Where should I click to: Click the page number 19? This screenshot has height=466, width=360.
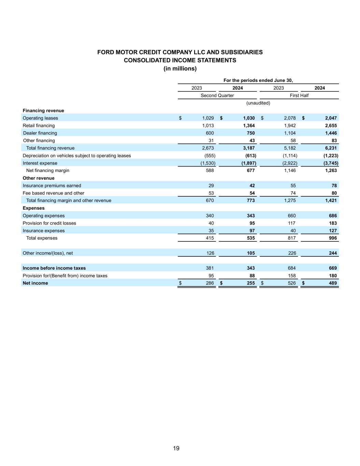pos(176,448)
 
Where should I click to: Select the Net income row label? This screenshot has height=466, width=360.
pos(35,283)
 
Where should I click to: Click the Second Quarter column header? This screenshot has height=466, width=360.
pos(217,95)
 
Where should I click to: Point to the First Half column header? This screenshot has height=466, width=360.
pos(299,95)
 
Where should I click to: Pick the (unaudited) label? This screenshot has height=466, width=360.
pos(258,103)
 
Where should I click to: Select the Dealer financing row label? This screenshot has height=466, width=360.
pos(40,133)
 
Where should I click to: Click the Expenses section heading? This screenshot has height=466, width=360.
pos(33,208)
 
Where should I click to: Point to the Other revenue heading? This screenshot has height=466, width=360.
pos(39,178)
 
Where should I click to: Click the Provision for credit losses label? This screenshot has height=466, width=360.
pos(49,223)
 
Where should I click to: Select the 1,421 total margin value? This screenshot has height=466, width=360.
pos(330,200)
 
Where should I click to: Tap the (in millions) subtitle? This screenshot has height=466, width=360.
pos(180,69)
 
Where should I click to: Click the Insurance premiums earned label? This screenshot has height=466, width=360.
pos(52,185)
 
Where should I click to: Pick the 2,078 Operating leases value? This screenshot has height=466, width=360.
pos(290,118)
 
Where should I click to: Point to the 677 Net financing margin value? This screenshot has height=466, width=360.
pos(250,170)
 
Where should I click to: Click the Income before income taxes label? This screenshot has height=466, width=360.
pos(54,268)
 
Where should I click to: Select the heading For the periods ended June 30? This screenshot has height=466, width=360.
pos(258,80)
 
